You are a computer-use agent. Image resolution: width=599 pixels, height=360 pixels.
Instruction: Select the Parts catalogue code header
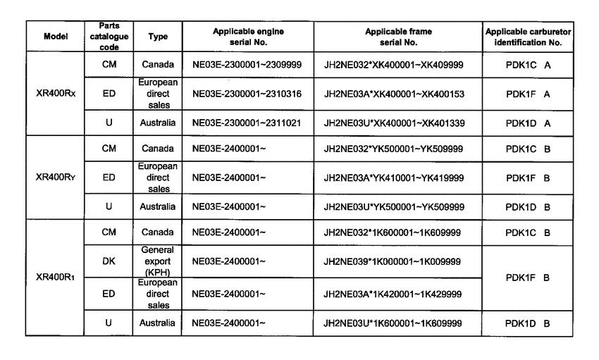click(104, 37)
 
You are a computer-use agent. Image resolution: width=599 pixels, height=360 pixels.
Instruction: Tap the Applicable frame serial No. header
click(398, 37)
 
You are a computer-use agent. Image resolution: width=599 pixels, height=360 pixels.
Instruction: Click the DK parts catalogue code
click(104, 261)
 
